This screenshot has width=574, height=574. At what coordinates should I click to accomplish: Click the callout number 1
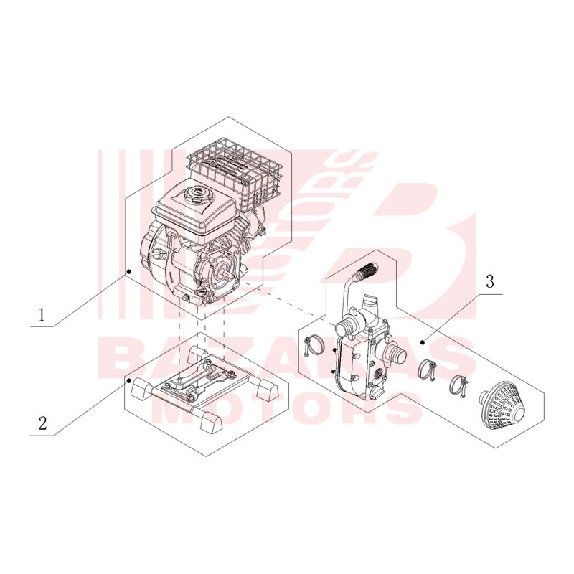pos(42,314)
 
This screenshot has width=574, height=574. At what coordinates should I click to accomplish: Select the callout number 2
pos(42,423)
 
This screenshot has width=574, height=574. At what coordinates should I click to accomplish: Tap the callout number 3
pos(490,283)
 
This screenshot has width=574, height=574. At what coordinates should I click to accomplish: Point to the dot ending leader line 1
pos(129,271)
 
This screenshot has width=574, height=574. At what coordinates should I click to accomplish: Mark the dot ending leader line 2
pos(129,381)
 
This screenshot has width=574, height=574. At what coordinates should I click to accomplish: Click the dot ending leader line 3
pos(423,342)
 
